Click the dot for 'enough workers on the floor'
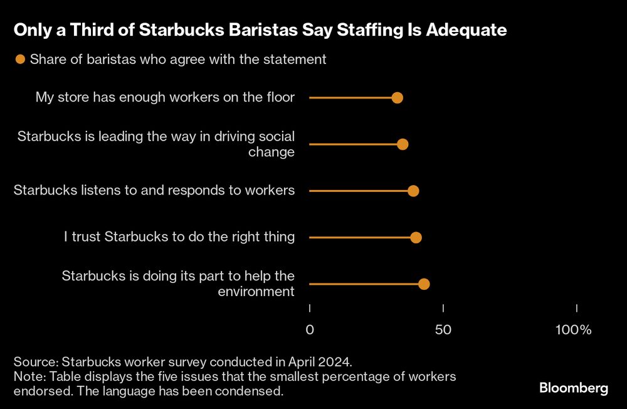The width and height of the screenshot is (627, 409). [x=397, y=98]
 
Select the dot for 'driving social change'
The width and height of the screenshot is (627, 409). [x=403, y=144]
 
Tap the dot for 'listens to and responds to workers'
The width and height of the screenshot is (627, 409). [x=413, y=191]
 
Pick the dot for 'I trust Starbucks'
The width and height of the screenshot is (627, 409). [x=416, y=237]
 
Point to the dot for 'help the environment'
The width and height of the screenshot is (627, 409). [x=424, y=284]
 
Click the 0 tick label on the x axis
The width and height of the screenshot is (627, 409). [x=310, y=330]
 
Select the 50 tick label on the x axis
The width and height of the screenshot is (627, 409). [x=443, y=330]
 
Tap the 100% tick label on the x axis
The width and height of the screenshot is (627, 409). [x=574, y=330]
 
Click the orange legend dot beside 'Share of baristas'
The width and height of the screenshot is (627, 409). [x=20, y=60]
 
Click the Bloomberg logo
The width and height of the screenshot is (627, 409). [x=573, y=388]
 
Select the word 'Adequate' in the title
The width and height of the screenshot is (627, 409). [x=466, y=29]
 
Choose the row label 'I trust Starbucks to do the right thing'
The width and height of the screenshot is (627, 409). [x=179, y=237]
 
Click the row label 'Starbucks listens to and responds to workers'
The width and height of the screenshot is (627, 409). [x=154, y=190]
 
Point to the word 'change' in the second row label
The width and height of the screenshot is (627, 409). [x=271, y=152]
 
